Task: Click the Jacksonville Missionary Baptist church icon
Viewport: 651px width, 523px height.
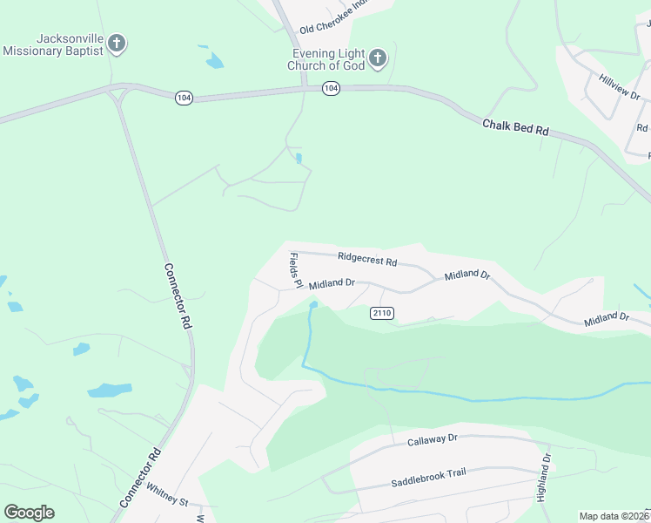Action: click(x=117, y=44)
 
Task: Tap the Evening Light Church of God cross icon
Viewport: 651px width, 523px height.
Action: click(x=377, y=58)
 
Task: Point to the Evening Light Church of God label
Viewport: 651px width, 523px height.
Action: click(x=327, y=59)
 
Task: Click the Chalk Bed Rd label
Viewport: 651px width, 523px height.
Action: click(x=517, y=126)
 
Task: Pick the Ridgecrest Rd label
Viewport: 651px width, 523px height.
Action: click(x=366, y=259)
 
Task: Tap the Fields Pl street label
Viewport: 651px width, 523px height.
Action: click(x=294, y=271)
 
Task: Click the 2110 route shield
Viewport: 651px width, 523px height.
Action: click(x=382, y=313)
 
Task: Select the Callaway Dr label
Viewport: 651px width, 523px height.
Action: click(x=432, y=441)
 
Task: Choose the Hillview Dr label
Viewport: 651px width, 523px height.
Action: click(x=619, y=86)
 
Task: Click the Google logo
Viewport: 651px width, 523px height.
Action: click(x=29, y=513)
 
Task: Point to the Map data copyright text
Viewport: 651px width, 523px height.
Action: click(x=614, y=516)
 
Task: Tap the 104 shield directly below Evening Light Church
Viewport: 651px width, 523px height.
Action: click(x=330, y=88)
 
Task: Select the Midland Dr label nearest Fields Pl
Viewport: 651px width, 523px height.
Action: click(x=332, y=283)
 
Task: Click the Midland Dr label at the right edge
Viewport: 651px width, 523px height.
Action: click(x=607, y=320)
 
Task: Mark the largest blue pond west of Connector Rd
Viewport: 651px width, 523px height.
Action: click(x=109, y=390)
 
